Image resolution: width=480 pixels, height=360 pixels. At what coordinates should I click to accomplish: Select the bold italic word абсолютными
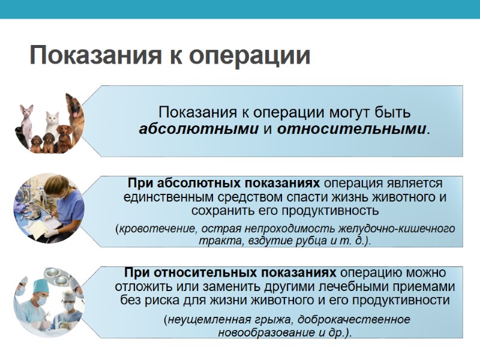click(x=200, y=128)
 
